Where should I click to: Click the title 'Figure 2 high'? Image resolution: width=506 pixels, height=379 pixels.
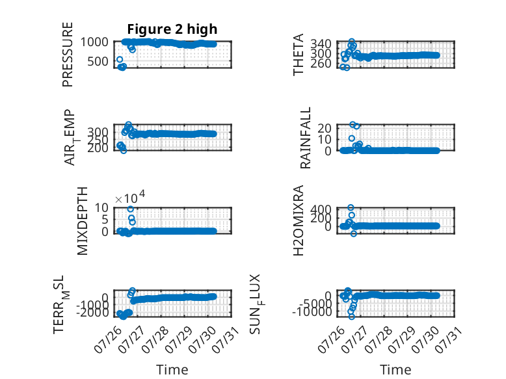tap(172, 29)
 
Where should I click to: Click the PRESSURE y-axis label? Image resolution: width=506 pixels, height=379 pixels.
tap(68, 55)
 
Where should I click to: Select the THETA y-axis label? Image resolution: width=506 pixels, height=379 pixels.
tap(298, 55)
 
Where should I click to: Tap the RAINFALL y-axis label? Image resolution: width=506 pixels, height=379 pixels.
tap(305, 138)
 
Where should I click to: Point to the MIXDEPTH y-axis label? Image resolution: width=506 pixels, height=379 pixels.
tap(83, 221)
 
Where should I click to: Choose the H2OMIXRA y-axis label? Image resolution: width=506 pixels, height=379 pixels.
tap(299, 220)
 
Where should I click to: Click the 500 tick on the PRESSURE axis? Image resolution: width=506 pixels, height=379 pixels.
tap(98, 61)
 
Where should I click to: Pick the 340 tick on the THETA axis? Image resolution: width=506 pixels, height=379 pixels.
tap(321, 44)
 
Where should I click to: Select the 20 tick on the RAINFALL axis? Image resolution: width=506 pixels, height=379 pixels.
tap(325, 128)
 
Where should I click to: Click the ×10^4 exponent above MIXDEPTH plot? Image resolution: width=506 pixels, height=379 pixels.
tap(130, 197)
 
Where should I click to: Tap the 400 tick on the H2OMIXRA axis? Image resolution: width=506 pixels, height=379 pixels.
tap(321, 210)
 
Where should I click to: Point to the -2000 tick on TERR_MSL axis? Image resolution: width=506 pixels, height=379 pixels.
tap(93, 312)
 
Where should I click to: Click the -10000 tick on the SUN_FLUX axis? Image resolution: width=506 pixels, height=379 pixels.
tap(312, 312)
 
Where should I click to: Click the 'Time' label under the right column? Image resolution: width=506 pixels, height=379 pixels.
tap(395, 370)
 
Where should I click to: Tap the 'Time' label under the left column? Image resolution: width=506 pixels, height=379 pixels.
tap(172, 370)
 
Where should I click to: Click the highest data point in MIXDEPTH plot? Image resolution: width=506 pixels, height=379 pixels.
tap(130, 209)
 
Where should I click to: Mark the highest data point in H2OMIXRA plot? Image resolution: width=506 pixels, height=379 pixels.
tap(351, 207)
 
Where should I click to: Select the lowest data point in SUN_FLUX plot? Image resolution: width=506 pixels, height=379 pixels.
tap(352, 317)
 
